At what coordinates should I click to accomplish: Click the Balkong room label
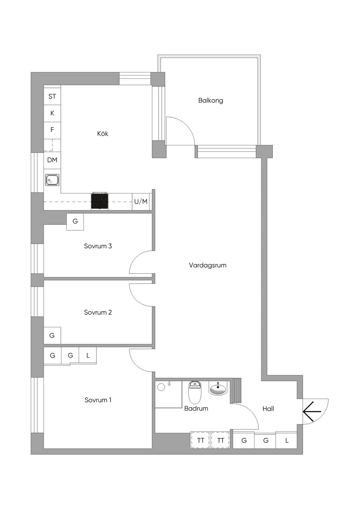(x=210, y=100)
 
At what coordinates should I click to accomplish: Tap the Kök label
(x=103, y=133)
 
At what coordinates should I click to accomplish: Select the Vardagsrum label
(x=208, y=265)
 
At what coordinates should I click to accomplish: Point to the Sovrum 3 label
(x=98, y=246)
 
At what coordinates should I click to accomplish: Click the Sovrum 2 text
(x=98, y=312)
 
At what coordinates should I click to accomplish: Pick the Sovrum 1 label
(x=98, y=400)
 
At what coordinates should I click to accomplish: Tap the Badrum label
(x=196, y=408)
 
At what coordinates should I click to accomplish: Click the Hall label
(x=268, y=409)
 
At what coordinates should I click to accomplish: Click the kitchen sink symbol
(x=52, y=180)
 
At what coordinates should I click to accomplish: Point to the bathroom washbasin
(x=218, y=389)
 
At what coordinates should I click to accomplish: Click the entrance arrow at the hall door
(x=312, y=411)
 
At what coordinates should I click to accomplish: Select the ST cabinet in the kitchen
(x=52, y=96)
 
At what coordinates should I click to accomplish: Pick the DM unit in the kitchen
(x=52, y=160)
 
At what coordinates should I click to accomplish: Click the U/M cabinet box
(x=141, y=202)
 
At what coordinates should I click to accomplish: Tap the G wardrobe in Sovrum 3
(x=75, y=222)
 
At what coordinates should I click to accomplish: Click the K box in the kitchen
(x=52, y=113)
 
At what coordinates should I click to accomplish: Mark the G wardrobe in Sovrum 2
(x=52, y=335)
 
